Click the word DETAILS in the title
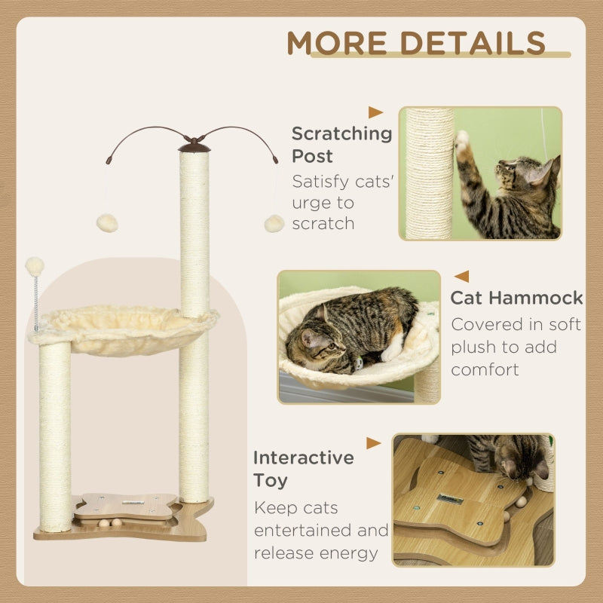475,43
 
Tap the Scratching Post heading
341,145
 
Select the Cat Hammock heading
517,297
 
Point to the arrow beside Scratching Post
375,112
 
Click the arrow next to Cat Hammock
461,277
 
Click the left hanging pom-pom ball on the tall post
107,222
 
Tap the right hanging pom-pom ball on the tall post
274,223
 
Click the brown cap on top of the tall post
194,145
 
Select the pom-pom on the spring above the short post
35,265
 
